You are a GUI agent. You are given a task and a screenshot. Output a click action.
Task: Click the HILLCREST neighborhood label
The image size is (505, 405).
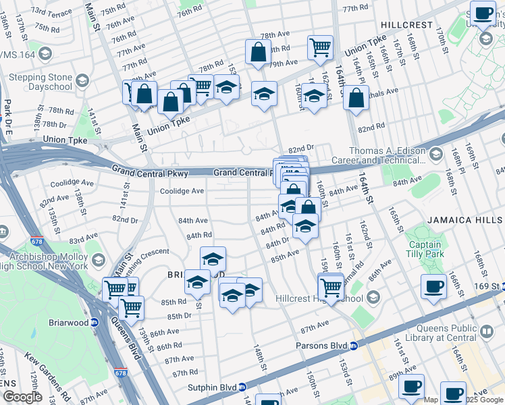[x=406, y=24]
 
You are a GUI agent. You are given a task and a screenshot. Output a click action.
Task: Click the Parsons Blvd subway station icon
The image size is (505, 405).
[x=354, y=346]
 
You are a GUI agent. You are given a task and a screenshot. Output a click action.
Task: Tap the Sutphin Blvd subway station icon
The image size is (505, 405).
[x=242, y=387]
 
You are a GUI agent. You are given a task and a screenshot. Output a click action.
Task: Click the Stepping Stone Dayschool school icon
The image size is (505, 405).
[x=82, y=82]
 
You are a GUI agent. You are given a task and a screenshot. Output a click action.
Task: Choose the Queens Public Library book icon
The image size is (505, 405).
[x=486, y=332]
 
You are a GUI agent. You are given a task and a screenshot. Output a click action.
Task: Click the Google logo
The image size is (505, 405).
[x=22, y=397]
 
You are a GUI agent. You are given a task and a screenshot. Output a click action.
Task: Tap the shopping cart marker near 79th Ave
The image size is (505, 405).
[x=320, y=47]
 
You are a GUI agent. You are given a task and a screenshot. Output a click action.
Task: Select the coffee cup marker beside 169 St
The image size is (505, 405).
[x=433, y=287]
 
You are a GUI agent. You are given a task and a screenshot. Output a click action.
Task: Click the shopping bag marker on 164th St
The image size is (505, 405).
[x=356, y=99]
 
